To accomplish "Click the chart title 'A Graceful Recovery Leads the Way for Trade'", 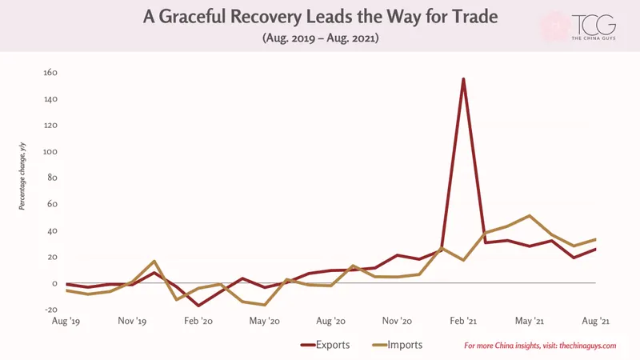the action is tap(321, 17).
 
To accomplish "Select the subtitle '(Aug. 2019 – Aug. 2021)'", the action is tap(321, 38).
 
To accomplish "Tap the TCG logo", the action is tap(594, 27).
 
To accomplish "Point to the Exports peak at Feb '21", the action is tap(463, 79).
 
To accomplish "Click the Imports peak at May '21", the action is tap(530, 215).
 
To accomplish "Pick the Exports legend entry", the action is tap(326, 345).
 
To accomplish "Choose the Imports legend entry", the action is tap(398, 345).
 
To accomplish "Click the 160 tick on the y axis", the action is tap(50, 73).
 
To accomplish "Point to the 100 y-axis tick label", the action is tap(50, 152).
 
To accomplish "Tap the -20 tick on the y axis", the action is tap(51, 310).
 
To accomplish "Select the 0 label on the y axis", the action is tap(54, 284).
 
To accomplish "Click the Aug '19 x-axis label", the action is tap(66, 321).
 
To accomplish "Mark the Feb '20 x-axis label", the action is tap(198, 321).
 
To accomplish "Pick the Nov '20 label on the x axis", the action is tap(397, 321).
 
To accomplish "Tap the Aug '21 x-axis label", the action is tap(595, 321).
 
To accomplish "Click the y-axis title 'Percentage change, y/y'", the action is tap(22, 176).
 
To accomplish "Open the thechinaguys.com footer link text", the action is tap(587, 346).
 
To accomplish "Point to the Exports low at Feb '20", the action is tap(198, 306).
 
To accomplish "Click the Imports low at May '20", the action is tap(265, 305).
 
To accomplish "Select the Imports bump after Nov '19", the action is tap(154, 262).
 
